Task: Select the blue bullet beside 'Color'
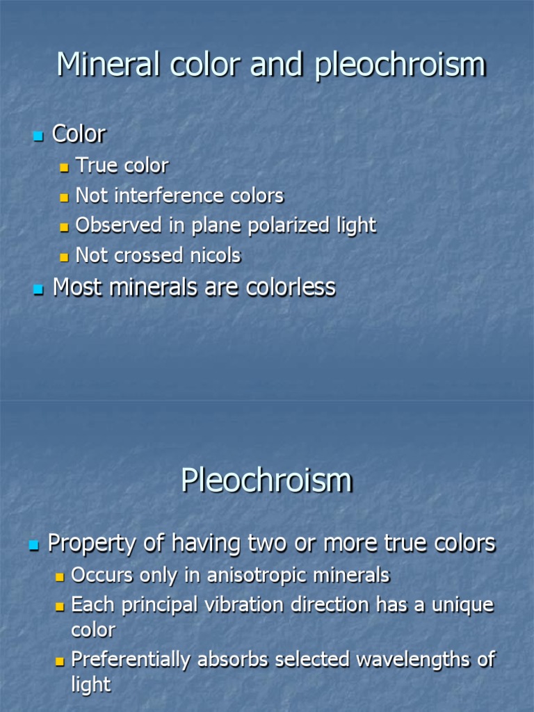[38, 135]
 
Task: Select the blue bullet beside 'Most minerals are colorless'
[38, 289]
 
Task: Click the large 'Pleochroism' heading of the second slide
[266, 480]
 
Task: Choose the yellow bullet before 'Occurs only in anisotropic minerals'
[60, 577]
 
